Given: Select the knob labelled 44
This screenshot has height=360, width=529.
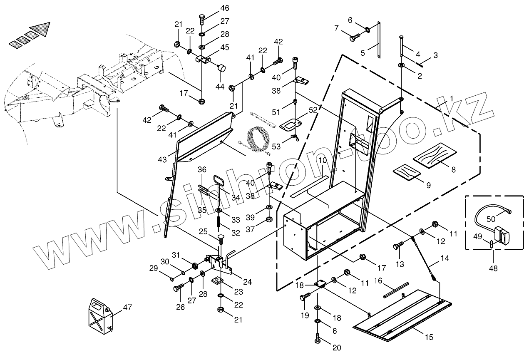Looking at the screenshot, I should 222,68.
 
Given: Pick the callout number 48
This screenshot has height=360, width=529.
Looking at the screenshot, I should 493,268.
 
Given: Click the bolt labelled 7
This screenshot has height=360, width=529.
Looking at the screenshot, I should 354,38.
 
